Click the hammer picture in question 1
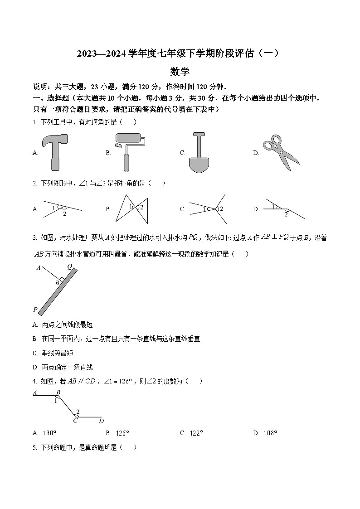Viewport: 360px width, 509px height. (55, 152)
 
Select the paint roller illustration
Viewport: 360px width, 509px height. (129, 152)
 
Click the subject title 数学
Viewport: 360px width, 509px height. (180, 72)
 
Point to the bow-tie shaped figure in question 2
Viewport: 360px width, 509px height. (132, 208)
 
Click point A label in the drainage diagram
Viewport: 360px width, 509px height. (39, 267)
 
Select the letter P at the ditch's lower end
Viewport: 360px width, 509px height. (35, 310)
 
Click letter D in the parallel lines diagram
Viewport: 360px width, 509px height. (101, 421)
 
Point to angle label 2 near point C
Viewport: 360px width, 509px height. (78, 412)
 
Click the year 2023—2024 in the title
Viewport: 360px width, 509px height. (101, 54)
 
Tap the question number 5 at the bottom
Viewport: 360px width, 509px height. (34, 447)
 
